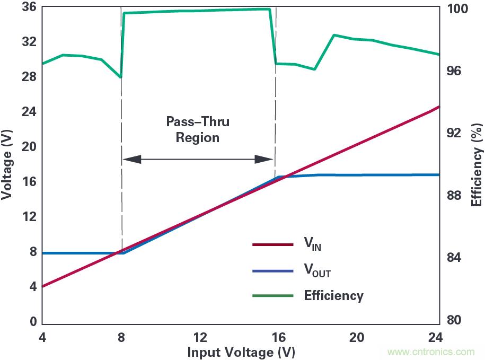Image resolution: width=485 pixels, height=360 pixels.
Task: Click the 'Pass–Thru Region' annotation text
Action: coord(198,130)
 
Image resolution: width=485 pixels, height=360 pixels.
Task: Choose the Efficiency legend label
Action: coord(333,296)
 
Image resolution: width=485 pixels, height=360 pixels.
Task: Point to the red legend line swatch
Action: coord(272,244)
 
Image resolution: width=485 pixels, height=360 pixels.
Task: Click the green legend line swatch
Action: coord(272,296)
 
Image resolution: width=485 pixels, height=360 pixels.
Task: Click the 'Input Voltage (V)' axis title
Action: coord(241,352)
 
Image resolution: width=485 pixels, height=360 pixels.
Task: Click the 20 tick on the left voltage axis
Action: coord(29,147)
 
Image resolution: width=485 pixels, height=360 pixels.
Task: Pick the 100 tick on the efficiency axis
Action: coord(460,10)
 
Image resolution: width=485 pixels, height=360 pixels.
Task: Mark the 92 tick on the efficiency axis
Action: coord(456,133)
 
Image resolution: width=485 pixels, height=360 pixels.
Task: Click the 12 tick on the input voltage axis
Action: coord(200,337)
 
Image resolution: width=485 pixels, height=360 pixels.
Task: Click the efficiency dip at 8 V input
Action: coord(121,77)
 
